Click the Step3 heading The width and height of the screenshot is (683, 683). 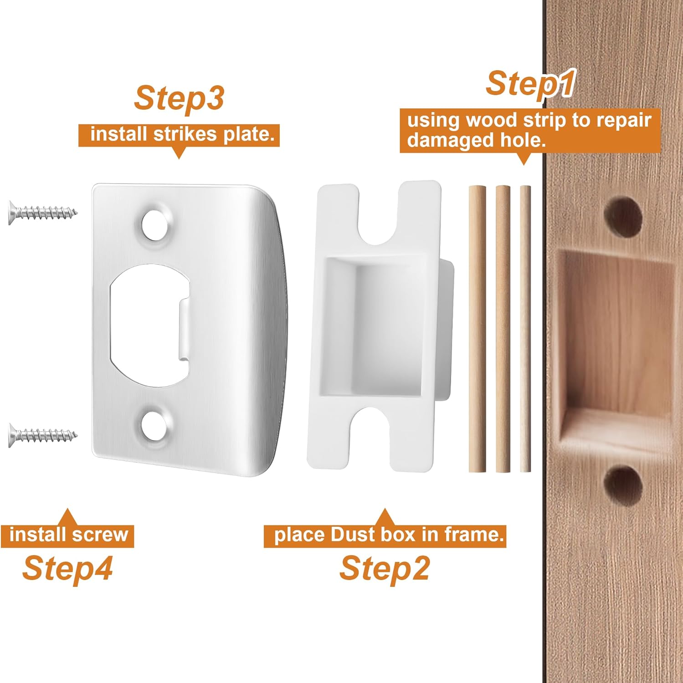pos(179,98)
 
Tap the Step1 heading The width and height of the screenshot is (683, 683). pos(529,84)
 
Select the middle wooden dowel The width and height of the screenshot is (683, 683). pos(503,328)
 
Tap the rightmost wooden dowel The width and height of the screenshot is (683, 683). pos(525,328)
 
